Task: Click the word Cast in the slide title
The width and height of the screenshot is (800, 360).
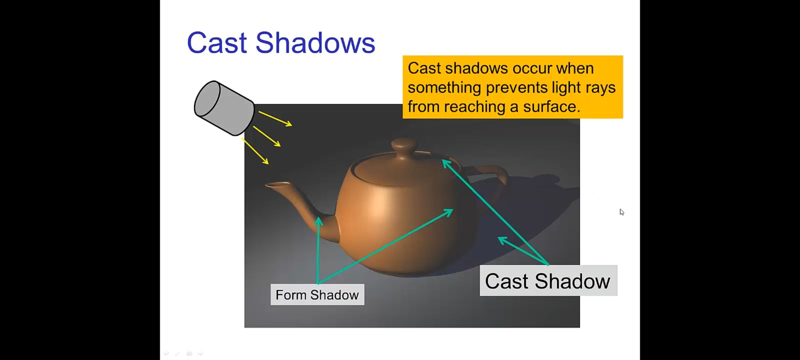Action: (217, 43)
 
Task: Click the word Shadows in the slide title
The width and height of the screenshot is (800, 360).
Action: (315, 43)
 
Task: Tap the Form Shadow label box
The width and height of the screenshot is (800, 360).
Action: (317, 295)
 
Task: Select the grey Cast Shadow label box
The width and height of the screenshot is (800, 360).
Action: (548, 281)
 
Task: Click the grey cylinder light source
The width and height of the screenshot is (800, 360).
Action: (224, 108)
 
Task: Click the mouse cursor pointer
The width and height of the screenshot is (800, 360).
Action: (622, 212)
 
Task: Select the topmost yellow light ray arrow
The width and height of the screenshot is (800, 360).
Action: (275, 119)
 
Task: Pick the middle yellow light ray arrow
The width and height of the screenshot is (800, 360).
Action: (267, 136)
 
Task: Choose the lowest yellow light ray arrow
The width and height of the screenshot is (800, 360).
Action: (255, 151)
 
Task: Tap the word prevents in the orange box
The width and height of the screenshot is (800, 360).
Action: (516, 88)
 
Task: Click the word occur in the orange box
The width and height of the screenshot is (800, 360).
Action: (532, 68)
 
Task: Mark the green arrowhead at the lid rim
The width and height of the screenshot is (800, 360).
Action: (446, 163)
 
